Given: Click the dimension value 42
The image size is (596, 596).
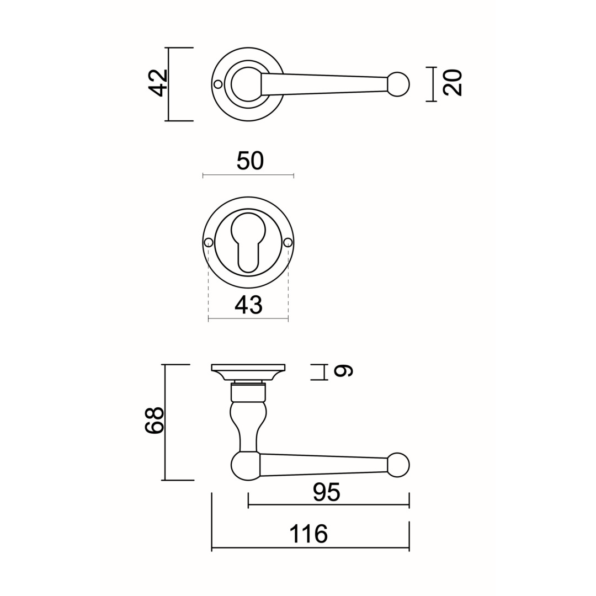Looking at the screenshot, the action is [158, 83].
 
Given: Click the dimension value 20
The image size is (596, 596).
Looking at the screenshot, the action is [453, 82].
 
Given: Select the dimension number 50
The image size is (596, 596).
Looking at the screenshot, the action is [250, 161].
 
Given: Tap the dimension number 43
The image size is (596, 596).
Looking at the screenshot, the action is [248, 305].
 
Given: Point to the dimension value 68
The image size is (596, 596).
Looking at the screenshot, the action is [155, 421].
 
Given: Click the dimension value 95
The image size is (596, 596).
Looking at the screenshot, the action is [327, 492].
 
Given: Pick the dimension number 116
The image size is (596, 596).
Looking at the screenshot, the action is [308, 534].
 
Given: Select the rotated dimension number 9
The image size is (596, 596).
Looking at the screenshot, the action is [343, 371].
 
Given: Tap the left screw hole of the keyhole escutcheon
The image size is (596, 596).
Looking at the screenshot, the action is [208, 242].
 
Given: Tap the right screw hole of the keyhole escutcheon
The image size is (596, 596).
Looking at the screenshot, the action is [288, 242].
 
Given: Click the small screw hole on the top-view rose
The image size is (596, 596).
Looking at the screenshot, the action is [218, 84].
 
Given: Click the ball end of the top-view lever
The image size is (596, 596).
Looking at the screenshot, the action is [398, 84].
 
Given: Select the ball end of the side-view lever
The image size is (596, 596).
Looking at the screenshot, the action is [398, 465].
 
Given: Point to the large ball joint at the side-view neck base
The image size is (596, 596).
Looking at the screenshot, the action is [246, 465].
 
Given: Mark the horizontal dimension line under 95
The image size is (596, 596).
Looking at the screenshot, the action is [328, 505].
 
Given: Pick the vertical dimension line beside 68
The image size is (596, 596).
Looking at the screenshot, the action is [165, 422].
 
